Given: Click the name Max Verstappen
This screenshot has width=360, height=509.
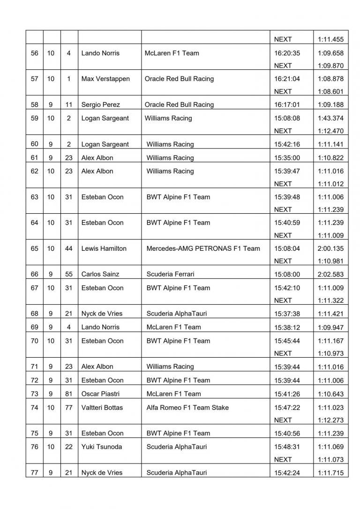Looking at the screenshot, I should pyautogui.click(x=105, y=79).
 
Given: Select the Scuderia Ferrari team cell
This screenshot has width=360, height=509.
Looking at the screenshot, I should pyautogui.click(x=170, y=274).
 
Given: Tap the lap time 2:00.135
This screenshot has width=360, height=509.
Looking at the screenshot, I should pyautogui.click(x=330, y=248).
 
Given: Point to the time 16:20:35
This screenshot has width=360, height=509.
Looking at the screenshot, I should pyautogui.click(x=287, y=53).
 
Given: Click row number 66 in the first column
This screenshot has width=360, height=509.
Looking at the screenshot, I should pyautogui.click(x=34, y=274).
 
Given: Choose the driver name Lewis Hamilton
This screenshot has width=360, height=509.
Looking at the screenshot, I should pyautogui.click(x=104, y=248).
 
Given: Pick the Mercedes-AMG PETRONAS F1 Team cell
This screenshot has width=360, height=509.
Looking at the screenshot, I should pyautogui.click(x=203, y=248).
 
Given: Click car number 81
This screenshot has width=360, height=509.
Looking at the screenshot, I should pyautogui.click(x=69, y=394).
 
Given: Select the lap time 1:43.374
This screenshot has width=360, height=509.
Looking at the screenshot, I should pyautogui.click(x=330, y=118).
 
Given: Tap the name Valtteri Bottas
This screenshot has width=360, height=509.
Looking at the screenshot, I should pyautogui.click(x=102, y=407).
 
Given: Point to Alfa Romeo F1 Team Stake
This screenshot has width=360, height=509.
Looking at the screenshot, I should pyautogui.click(x=187, y=407).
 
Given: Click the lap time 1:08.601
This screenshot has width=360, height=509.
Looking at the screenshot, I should pyautogui.click(x=330, y=91).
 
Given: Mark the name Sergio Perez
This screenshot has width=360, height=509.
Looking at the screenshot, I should pyautogui.click(x=100, y=105).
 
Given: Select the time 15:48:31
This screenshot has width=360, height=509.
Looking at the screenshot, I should pyautogui.click(x=287, y=447).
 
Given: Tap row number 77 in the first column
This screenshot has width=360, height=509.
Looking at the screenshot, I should pyautogui.click(x=34, y=472).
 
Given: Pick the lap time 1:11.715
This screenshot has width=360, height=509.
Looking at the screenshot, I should pyautogui.click(x=330, y=472).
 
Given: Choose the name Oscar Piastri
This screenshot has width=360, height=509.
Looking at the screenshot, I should pyautogui.click(x=101, y=394).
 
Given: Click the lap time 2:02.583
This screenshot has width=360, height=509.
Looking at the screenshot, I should pyautogui.click(x=330, y=274).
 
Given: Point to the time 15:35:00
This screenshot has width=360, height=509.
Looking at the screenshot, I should pyautogui.click(x=287, y=157).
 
